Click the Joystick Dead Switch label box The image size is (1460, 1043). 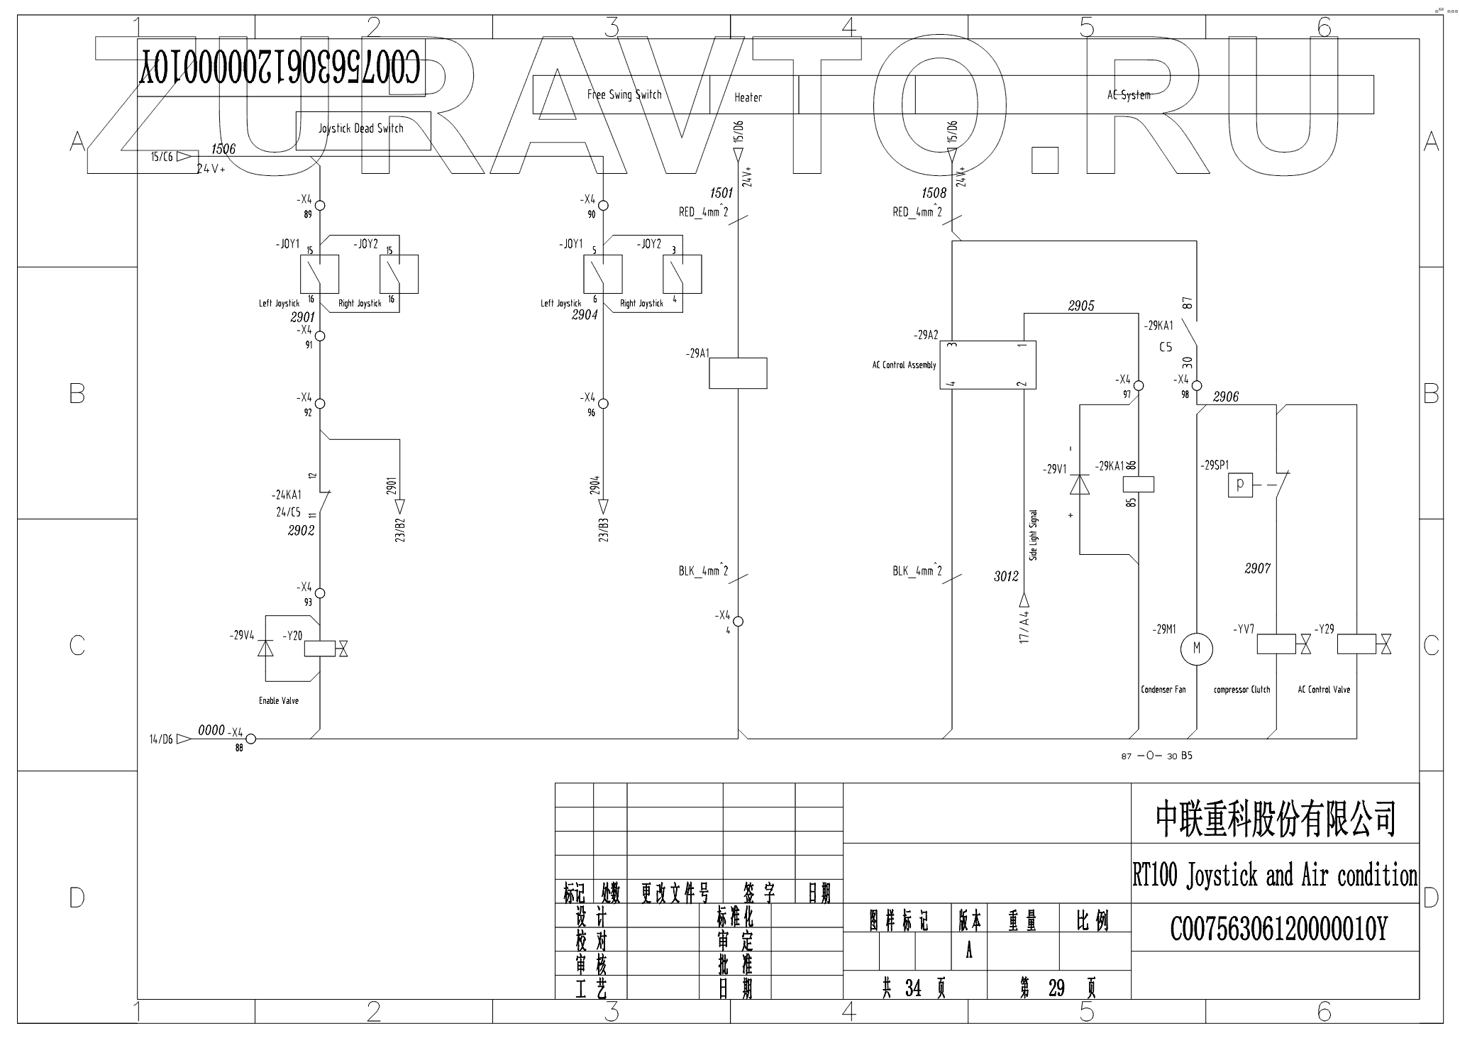point(363,131)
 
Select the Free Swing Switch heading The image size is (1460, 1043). point(624,94)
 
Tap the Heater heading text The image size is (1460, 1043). point(748,97)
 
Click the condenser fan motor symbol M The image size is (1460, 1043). point(1196,649)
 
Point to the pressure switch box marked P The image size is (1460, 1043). point(1240,485)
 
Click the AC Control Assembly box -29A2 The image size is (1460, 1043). point(988,365)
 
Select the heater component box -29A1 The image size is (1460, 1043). point(738,373)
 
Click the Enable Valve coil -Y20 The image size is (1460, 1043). point(319,648)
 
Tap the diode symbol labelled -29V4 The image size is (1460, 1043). point(265,648)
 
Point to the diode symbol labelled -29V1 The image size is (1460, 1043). point(1079,484)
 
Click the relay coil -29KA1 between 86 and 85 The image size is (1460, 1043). point(1138,484)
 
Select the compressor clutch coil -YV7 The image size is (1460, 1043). point(1276,644)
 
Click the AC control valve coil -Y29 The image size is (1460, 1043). point(1356,644)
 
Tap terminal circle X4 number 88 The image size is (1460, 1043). point(250,739)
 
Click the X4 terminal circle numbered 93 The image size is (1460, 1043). point(320,593)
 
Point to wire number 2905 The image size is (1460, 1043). point(1081,306)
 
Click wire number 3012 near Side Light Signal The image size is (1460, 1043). point(1006,576)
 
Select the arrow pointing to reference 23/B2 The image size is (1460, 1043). point(399,507)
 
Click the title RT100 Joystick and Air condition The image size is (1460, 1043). point(1274,876)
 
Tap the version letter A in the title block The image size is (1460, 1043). point(969,951)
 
